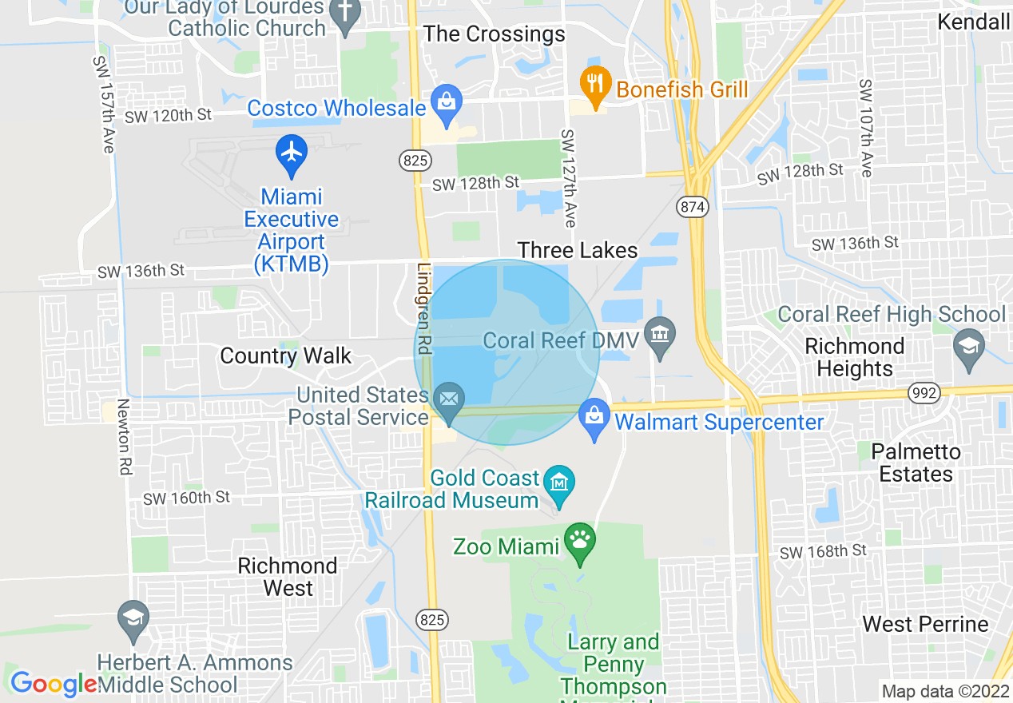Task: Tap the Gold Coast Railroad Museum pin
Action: point(559,485)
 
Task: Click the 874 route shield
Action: point(693,207)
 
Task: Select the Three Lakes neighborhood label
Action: point(578,251)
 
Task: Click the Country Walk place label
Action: point(286,355)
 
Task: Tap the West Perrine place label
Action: point(926,624)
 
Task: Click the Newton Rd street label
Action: point(124,438)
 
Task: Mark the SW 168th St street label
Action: point(823,551)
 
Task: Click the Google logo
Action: point(53,684)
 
